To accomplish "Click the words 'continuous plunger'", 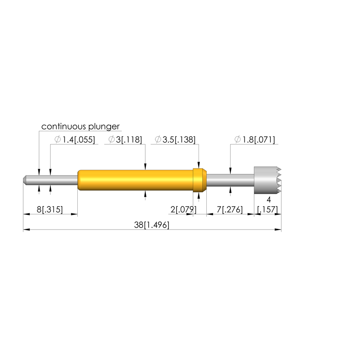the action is pyautogui.click(x=81, y=127).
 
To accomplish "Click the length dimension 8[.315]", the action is pyautogui.click(x=50, y=210).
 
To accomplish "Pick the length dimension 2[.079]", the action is pyautogui.click(x=184, y=210).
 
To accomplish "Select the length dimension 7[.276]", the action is pyautogui.click(x=230, y=210).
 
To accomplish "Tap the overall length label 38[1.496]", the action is pyautogui.click(x=152, y=225).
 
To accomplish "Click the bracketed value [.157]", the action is pyautogui.click(x=268, y=210).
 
